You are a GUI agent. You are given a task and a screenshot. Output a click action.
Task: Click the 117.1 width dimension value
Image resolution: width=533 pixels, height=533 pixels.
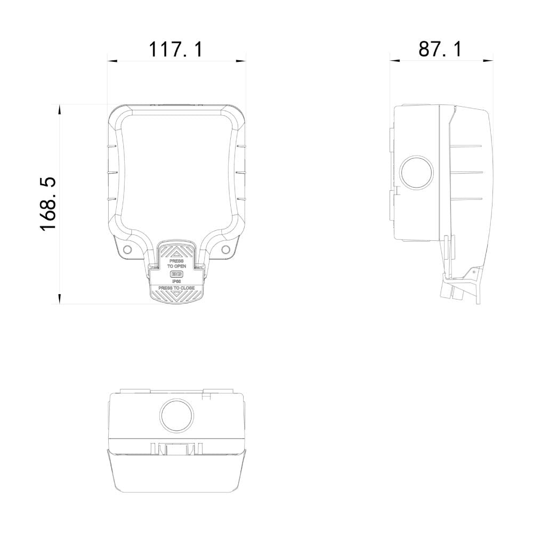point(176,49)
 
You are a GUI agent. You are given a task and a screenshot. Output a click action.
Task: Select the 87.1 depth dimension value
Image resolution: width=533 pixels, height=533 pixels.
point(440,49)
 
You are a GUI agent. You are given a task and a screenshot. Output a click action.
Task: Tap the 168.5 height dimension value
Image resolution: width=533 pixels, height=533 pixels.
point(49,204)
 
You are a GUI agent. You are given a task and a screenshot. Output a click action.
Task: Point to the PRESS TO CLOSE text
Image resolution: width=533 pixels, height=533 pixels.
point(176,288)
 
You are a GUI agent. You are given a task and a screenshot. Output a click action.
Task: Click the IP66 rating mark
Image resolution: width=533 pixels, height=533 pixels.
point(176,281)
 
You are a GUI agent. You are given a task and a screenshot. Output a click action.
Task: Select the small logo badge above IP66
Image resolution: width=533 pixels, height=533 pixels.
point(176,274)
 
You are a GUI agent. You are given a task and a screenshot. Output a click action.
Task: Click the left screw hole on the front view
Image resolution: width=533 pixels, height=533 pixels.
point(127,249)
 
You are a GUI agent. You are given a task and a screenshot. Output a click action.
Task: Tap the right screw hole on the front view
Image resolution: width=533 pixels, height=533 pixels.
point(225,249)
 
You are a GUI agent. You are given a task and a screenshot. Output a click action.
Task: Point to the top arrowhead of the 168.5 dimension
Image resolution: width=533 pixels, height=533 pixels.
point(60,109)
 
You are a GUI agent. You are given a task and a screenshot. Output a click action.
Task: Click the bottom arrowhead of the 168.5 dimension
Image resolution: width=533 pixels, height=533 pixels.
point(60,298)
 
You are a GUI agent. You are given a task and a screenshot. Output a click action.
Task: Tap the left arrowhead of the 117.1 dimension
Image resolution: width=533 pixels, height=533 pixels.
point(112,61)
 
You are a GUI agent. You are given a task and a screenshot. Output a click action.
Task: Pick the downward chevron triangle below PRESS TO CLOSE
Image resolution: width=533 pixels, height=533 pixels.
point(176,297)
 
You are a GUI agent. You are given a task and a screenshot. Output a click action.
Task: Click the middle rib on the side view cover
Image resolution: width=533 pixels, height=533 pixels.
point(466,172)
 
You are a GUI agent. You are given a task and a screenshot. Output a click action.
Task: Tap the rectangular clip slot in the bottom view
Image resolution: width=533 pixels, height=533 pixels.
point(176,449)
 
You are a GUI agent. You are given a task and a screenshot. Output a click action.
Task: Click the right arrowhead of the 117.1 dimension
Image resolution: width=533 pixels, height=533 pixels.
point(241,61)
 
